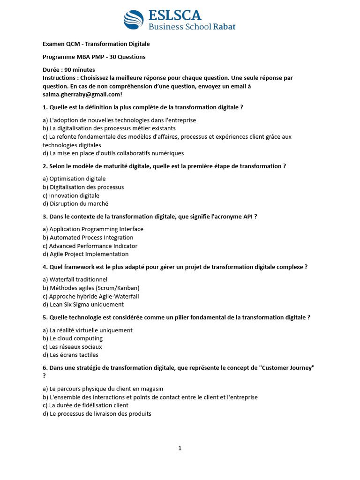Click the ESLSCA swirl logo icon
click(134, 20)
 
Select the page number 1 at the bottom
click(180, 448)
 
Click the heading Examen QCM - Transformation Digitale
click(96, 44)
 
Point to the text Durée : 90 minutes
click(68, 69)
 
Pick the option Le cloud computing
click(73, 338)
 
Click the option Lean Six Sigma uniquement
click(80, 305)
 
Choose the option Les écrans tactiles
click(70, 355)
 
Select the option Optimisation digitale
click(74, 179)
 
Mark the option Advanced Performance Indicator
click(90, 246)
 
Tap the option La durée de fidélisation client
click(85, 405)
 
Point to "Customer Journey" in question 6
click(286, 368)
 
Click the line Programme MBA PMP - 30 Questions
click(94, 57)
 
